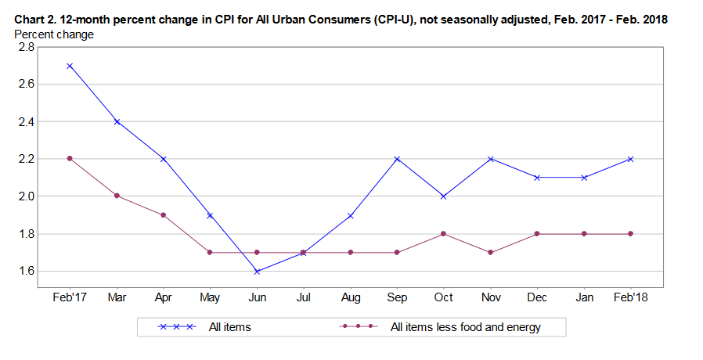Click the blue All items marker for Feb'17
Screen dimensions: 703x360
pyautogui.click(x=70, y=66)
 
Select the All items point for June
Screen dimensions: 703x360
pyautogui.click(x=257, y=272)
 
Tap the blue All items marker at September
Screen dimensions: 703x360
pyautogui.click(x=397, y=159)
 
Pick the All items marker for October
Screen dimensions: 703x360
pyautogui.click(x=443, y=196)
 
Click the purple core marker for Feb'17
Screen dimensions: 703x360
pyautogui.click(x=70, y=158)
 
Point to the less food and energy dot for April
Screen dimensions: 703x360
pyautogui.click(x=163, y=214)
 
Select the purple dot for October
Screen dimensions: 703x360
pyautogui.click(x=443, y=233)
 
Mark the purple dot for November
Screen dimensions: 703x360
pyautogui.click(x=491, y=253)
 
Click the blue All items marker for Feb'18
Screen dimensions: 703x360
pyautogui.click(x=630, y=159)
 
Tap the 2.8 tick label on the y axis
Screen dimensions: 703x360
pyautogui.click(x=27, y=47)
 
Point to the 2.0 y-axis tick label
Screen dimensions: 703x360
pyautogui.click(x=27, y=196)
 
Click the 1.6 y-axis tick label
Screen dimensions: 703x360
pyautogui.click(x=27, y=271)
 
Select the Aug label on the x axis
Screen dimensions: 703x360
pyautogui.click(x=351, y=297)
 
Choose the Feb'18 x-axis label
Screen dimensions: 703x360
pyautogui.click(x=631, y=297)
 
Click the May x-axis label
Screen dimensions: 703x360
pyautogui.click(x=210, y=297)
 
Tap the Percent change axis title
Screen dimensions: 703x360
pyautogui.click(x=54, y=34)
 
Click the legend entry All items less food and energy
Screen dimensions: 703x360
pyautogui.click(x=465, y=327)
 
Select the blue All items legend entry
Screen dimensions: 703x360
pyautogui.click(x=229, y=327)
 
